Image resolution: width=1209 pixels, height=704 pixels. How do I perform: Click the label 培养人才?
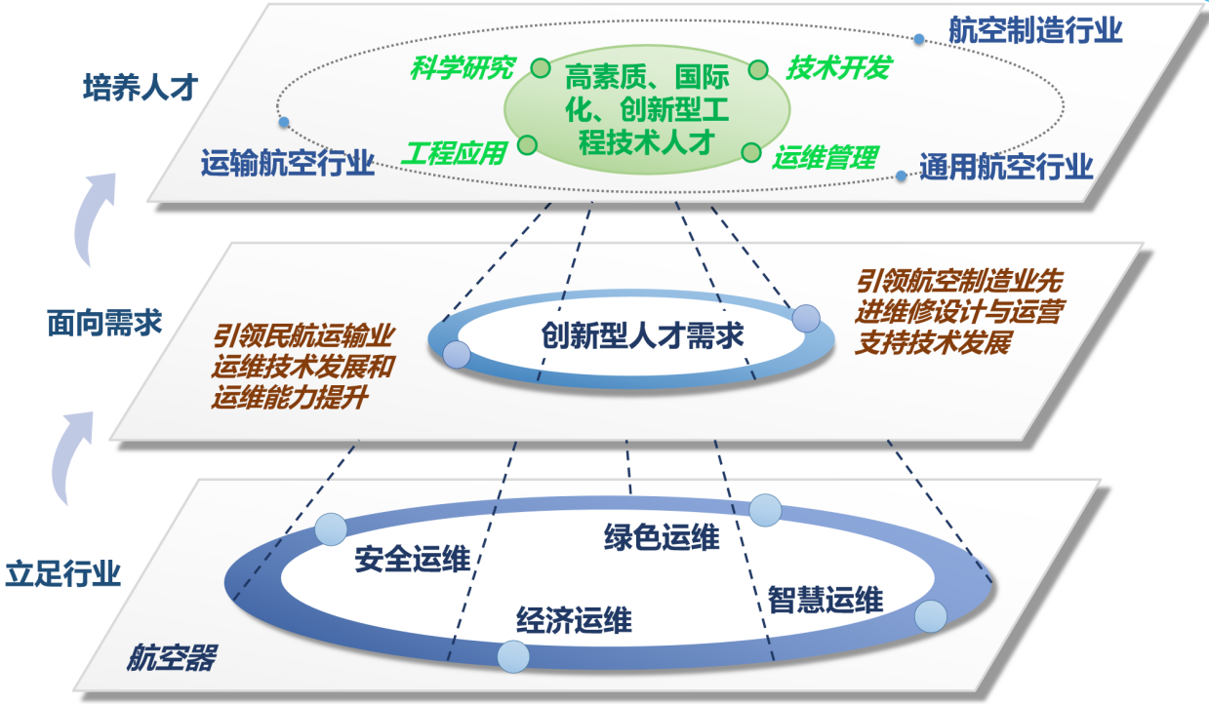click(x=141, y=89)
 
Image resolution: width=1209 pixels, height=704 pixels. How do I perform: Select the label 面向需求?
click(x=104, y=322)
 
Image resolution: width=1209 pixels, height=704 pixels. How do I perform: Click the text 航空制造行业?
click(x=1035, y=30)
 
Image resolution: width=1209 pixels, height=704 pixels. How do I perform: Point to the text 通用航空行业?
click(x=1006, y=168)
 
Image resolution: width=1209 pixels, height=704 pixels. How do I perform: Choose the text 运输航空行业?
click(x=288, y=163)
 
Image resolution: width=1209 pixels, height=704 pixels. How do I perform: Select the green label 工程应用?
click(x=455, y=153)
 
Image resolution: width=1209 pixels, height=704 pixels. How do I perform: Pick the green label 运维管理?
click(x=826, y=156)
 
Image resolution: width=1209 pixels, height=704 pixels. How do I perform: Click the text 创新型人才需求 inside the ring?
click(x=642, y=336)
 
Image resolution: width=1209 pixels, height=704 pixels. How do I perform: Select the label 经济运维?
click(x=574, y=619)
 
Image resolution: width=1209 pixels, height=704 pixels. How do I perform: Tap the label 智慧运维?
click(x=826, y=599)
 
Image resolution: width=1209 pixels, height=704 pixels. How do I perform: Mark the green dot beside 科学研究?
click(x=541, y=67)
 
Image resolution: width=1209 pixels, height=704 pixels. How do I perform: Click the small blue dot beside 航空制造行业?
click(x=918, y=39)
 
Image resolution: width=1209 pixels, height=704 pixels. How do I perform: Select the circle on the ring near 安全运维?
click(x=331, y=529)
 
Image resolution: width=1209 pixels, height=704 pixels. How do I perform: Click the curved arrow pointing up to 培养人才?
click(x=95, y=215)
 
